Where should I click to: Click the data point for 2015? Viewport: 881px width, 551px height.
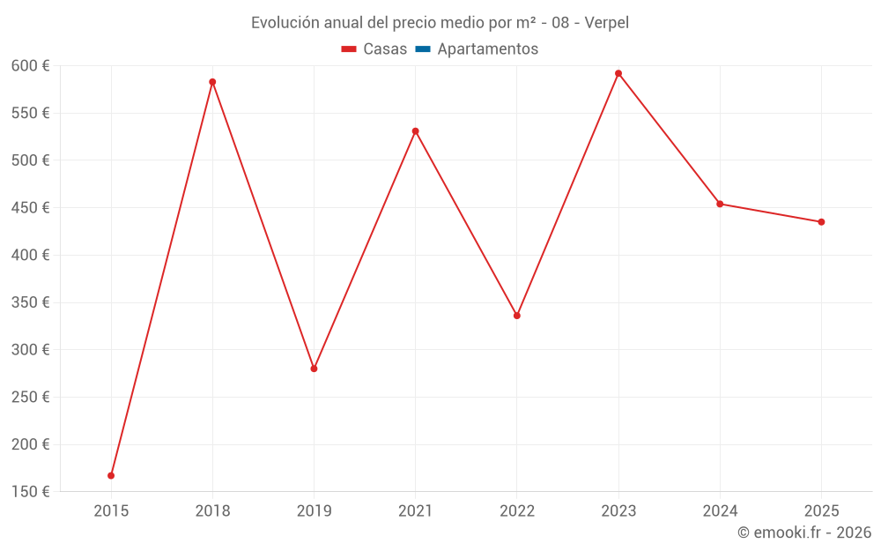tap(111, 475)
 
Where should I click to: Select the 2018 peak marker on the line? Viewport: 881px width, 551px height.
tap(212, 82)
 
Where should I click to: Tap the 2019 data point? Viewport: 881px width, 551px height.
tap(314, 369)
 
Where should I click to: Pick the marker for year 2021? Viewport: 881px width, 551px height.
tap(415, 131)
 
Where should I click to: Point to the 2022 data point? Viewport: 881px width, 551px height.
tap(517, 316)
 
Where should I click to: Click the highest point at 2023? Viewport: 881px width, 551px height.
tap(618, 73)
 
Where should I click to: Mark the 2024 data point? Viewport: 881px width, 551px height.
tap(720, 204)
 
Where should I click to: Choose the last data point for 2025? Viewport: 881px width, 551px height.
tap(821, 222)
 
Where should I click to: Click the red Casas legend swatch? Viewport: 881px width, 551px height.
tap(349, 49)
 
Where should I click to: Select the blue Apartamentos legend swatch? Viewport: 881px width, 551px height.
tap(422, 49)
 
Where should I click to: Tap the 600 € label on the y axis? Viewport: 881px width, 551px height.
tap(31, 66)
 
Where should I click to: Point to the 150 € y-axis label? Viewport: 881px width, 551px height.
tap(31, 492)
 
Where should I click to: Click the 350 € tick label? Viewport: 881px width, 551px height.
tap(31, 302)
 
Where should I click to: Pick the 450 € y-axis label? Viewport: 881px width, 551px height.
tap(31, 208)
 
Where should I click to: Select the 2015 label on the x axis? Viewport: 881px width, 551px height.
tap(111, 510)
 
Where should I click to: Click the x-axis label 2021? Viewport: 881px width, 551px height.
tap(415, 510)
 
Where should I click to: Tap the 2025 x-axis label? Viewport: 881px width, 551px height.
tap(821, 510)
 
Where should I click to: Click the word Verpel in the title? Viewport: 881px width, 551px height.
tap(607, 23)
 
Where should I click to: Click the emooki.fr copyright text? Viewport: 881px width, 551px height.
tap(804, 532)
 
